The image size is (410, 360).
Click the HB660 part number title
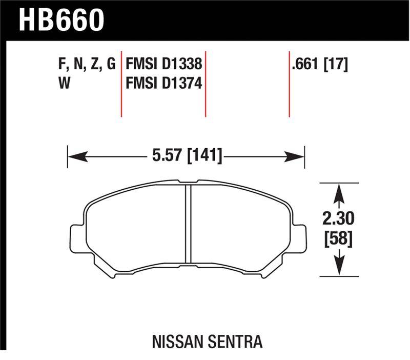pyautogui.click(x=61, y=20)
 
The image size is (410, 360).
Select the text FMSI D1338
pyautogui.click(x=164, y=64)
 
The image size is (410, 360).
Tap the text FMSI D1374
pyautogui.click(x=164, y=83)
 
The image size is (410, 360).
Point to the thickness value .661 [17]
pyautogui.click(x=320, y=64)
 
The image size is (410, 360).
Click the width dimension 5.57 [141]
pyautogui.click(x=187, y=155)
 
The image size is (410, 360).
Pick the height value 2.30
pyautogui.click(x=338, y=219)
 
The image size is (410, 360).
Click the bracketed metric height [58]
pyautogui.click(x=339, y=238)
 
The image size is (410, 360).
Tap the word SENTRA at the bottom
pyautogui.click(x=235, y=342)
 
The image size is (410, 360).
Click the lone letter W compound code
pyautogui.click(x=65, y=83)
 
